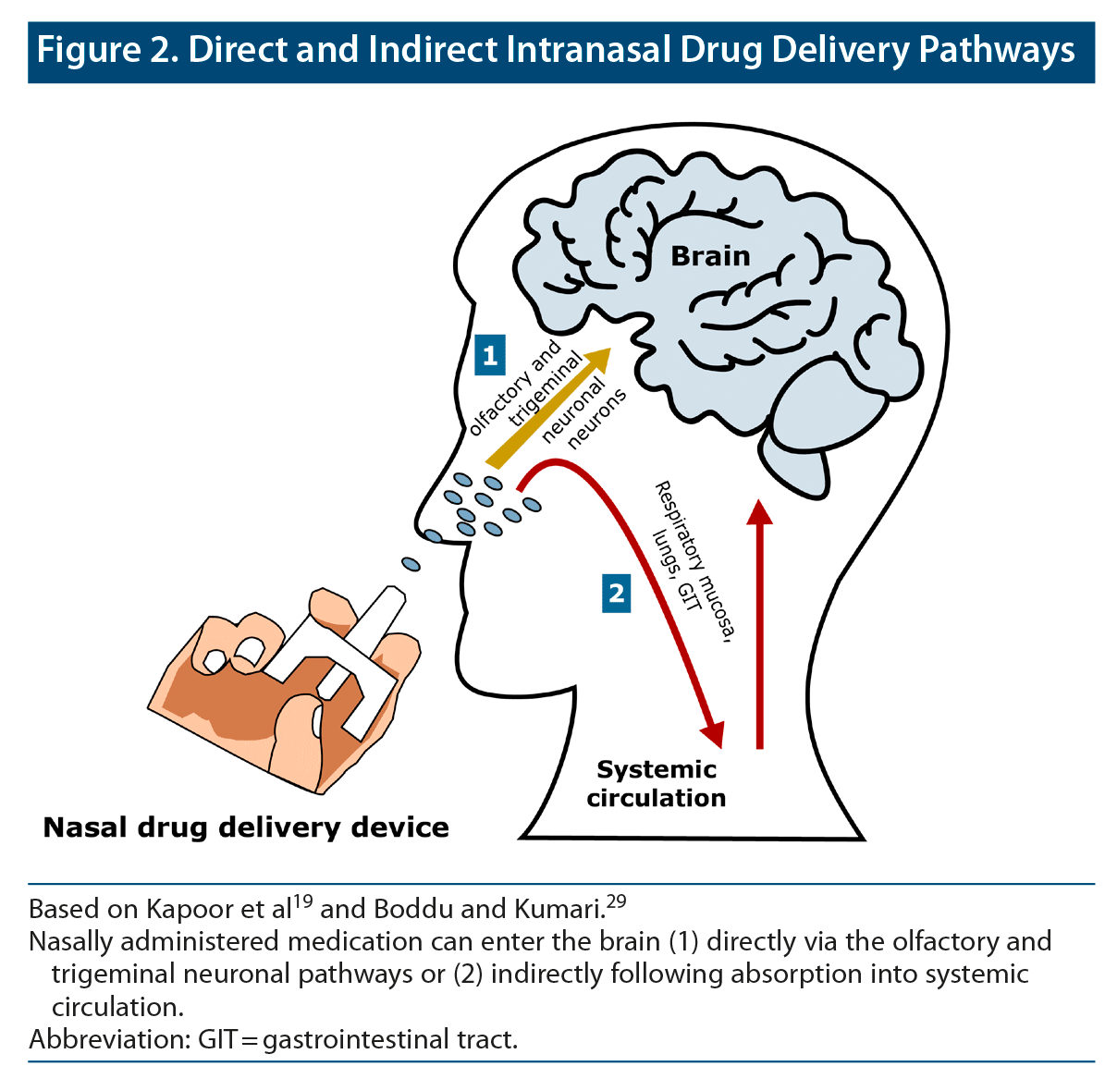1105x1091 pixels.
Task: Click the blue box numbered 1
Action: click(x=490, y=354)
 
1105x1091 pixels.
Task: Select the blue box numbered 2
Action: click(x=616, y=592)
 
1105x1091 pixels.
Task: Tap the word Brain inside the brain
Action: click(x=710, y=256)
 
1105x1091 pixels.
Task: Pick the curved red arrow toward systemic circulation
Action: click(x=647, y=555)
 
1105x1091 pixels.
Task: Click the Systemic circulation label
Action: click(x=657, y=783)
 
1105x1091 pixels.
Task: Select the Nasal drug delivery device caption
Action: click(x=246, y=827)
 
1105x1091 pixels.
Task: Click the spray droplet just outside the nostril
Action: click(x=409, y=564)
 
